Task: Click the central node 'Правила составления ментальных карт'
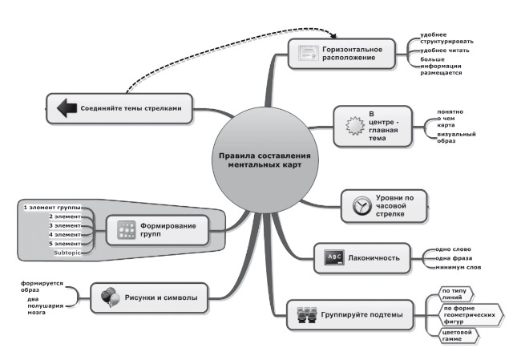(264, 158)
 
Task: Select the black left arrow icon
(63, 107)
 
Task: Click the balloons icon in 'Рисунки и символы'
(110, 298)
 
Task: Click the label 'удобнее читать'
(444, 51)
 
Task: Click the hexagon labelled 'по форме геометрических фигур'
(469, 312)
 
